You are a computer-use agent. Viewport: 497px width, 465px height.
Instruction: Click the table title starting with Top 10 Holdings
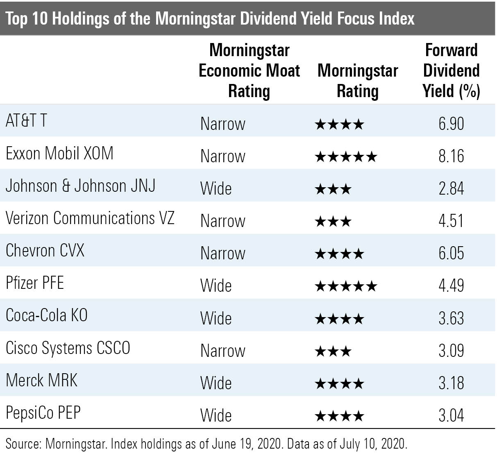tap(210, 18)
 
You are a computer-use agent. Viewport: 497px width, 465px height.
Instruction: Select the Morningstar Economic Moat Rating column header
tap(249, 70)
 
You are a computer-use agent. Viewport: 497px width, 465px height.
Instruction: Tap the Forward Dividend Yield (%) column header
tap(451, 70)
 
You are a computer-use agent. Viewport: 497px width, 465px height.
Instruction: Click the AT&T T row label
tap(26, 120)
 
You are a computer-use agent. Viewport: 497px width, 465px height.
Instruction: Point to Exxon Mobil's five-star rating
tap(345, 157)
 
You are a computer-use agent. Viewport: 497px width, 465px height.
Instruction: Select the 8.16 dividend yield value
tap(451, 156)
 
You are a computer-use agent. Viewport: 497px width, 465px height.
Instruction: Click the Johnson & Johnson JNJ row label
tap(80, 186)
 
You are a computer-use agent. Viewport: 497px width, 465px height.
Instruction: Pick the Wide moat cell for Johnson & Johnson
tap(216, 188)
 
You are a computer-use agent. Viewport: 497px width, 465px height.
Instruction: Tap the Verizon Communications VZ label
tap(90, 218)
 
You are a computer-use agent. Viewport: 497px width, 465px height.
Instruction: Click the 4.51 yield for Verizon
tap(451, 221)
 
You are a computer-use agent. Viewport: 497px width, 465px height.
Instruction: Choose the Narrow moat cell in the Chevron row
tap(222, 253)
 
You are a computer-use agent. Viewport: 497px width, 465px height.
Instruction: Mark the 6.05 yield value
tap(451, 253)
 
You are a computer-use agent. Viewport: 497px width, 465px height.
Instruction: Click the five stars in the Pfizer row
tap(345, 286)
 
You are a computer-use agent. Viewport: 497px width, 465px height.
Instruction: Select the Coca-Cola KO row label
tap(47, 315)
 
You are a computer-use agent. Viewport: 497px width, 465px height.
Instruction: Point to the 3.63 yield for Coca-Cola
tap(451, 318)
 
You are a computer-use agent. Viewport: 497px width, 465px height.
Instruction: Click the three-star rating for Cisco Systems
tap(333, 351)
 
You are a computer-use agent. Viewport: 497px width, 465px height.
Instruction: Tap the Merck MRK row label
tap(41, 380)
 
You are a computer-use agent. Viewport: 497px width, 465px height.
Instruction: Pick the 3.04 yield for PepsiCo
tap(451, 415)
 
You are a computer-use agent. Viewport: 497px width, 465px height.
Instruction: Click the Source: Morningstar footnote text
tap(207, 444)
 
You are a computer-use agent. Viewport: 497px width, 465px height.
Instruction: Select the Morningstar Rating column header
tap(357, 81)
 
